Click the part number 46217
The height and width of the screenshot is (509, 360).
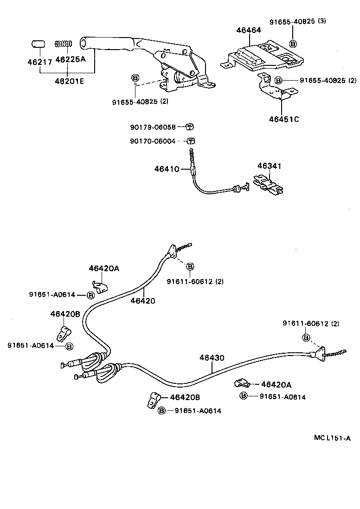[x=39, y=61]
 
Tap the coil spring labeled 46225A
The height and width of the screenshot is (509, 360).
[x=64, y=45]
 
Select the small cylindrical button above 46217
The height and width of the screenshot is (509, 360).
[x=38, y=44]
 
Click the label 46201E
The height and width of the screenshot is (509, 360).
[x=68, y=82]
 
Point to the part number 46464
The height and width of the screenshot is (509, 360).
[x=248, y=30]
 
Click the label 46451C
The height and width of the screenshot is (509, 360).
[x=283, y=119]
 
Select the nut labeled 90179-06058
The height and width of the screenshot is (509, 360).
[x=189, y=127]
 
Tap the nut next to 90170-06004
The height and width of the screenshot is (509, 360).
[x=190, y=141]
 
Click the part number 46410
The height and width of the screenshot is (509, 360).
[x=167, y=169]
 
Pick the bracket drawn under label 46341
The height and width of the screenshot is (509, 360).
[x=268, y=185]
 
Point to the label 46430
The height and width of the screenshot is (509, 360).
[x=212, y=358]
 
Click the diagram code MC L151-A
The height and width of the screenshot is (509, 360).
[x=332, y=438]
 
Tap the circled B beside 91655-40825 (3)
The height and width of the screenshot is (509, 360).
[x=293, y=44]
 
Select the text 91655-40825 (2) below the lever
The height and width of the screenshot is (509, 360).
[x=133, y=102]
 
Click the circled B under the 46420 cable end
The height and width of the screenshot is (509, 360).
[x=190, y=266]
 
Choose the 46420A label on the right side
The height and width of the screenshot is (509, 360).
[x=276, y=384]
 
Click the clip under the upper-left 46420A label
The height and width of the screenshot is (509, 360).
[x=100, y=287]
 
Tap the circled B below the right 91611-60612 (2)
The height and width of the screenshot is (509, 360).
[x=307, y=337]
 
